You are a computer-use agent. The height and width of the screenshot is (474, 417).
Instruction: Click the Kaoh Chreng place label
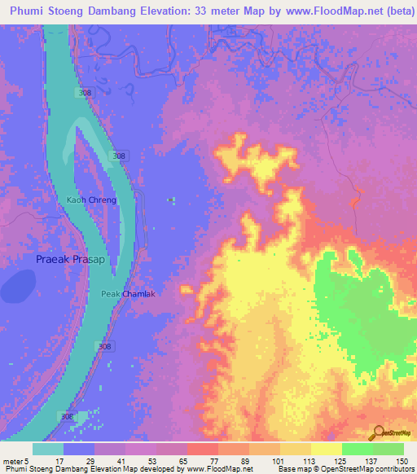click(92, 200)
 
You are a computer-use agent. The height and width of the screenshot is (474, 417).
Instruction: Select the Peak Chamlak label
click(128, 294)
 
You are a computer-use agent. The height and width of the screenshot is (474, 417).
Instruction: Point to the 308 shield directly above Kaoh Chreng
click(119, 156)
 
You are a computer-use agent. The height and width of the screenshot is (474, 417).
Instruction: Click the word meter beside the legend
click(11, 460)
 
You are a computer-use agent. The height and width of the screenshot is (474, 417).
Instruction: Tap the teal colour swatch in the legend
click(48, 448)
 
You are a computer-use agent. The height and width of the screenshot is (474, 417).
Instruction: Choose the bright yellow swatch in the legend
click(326, 448)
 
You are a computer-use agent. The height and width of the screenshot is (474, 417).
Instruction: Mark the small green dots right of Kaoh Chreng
click(171, 199)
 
